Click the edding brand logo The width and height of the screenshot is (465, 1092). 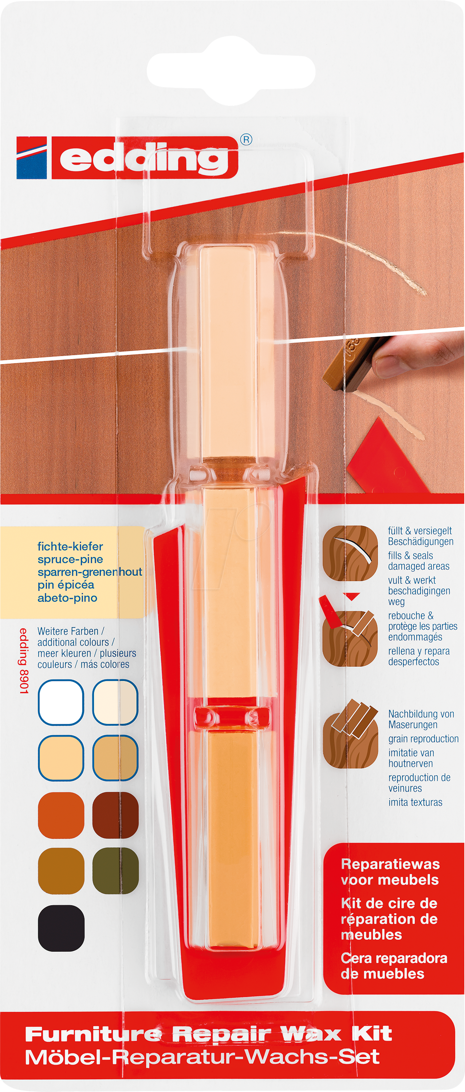click(127, 157)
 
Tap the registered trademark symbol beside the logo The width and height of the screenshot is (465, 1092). click(246, 140)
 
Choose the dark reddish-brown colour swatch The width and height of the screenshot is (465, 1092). click(115, 815)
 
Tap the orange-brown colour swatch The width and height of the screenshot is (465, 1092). click(61, 815)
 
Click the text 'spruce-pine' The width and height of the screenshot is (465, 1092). click(70, 559)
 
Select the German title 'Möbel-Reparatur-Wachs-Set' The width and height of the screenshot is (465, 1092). click(202, 1058)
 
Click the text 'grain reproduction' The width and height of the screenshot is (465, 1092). click(423, 739)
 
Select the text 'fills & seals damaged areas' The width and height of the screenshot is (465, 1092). click(419, 561)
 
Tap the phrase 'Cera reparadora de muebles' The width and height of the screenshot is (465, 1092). click(394, 966)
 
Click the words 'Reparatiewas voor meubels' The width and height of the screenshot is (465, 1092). click(390, 872)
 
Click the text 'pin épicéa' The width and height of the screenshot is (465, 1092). click(66, 585)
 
